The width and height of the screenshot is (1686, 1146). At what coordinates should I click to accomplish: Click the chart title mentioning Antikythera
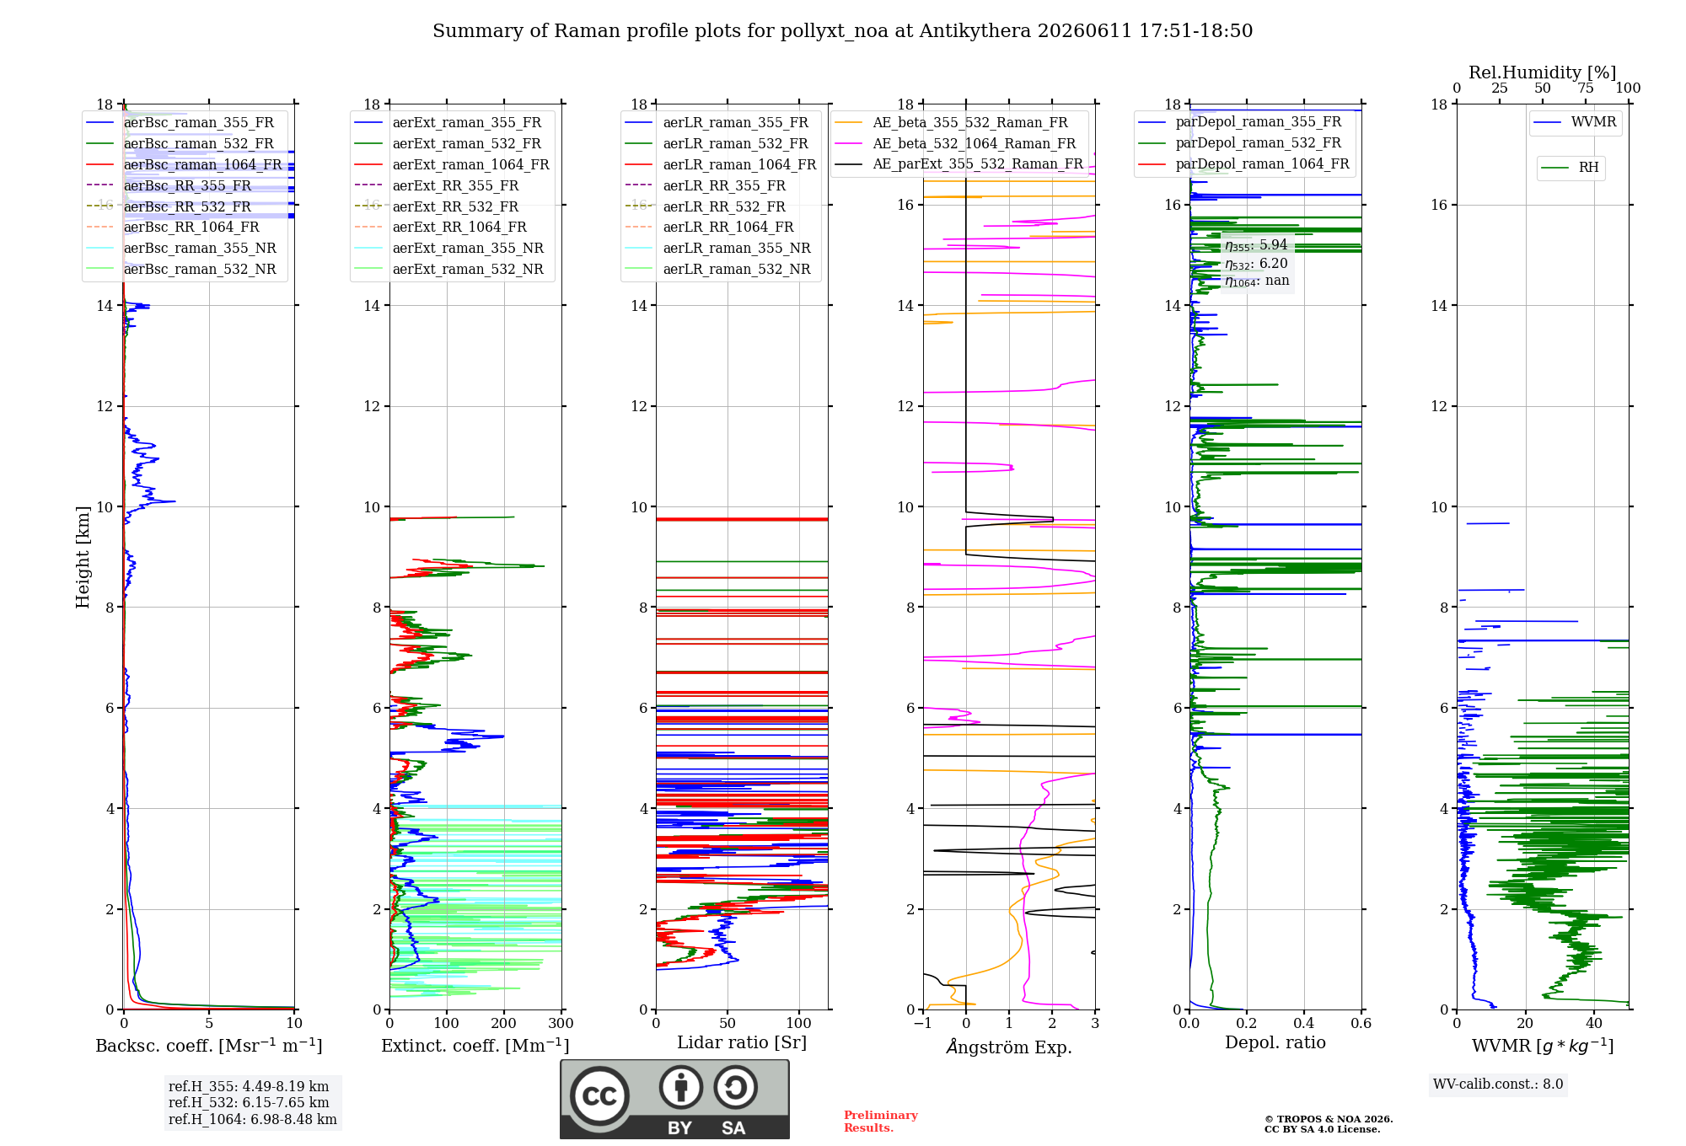[x=842, y=31]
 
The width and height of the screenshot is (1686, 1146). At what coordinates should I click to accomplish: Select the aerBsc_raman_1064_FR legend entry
[x=184, y=164]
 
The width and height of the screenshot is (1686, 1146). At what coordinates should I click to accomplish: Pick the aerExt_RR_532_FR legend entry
[x=437, y=206]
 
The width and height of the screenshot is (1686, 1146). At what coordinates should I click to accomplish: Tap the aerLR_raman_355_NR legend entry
[x=717, y=248]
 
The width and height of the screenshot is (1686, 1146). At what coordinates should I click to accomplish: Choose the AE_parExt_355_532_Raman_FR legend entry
[x=958, y=163]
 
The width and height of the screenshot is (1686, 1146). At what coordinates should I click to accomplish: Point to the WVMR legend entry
[x=1575, y=122]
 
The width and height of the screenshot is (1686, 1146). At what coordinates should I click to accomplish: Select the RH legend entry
[x=1570, y=168]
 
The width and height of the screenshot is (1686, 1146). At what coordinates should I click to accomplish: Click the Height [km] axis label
[x=83, y=557]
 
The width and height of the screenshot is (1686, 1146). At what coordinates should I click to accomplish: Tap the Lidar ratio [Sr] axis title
[x=742, y=1042]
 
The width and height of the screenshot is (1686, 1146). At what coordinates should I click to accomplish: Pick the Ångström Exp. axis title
[x=1009, y=1047]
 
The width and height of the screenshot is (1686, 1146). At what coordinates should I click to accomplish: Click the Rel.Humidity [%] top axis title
[x=1543, y=72]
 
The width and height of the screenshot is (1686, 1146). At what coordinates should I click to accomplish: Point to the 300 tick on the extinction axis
[x=561, y=1023]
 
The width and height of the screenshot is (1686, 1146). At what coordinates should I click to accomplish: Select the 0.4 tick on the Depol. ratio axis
[x=1304, y=1023]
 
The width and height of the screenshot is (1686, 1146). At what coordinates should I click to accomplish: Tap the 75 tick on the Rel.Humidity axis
[x=1586, y=88]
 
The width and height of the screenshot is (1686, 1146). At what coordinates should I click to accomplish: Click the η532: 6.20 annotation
[x=1256, y=263]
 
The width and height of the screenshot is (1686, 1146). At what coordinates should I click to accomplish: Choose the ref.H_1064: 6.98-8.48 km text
[x=253, y=1119]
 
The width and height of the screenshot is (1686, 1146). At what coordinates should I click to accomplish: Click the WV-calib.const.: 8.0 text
[x=1498, y=1084]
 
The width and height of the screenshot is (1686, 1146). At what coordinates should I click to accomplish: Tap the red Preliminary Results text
[x=881, y=1121]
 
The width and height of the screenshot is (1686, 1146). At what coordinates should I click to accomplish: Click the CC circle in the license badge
[x=599, y=1096]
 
